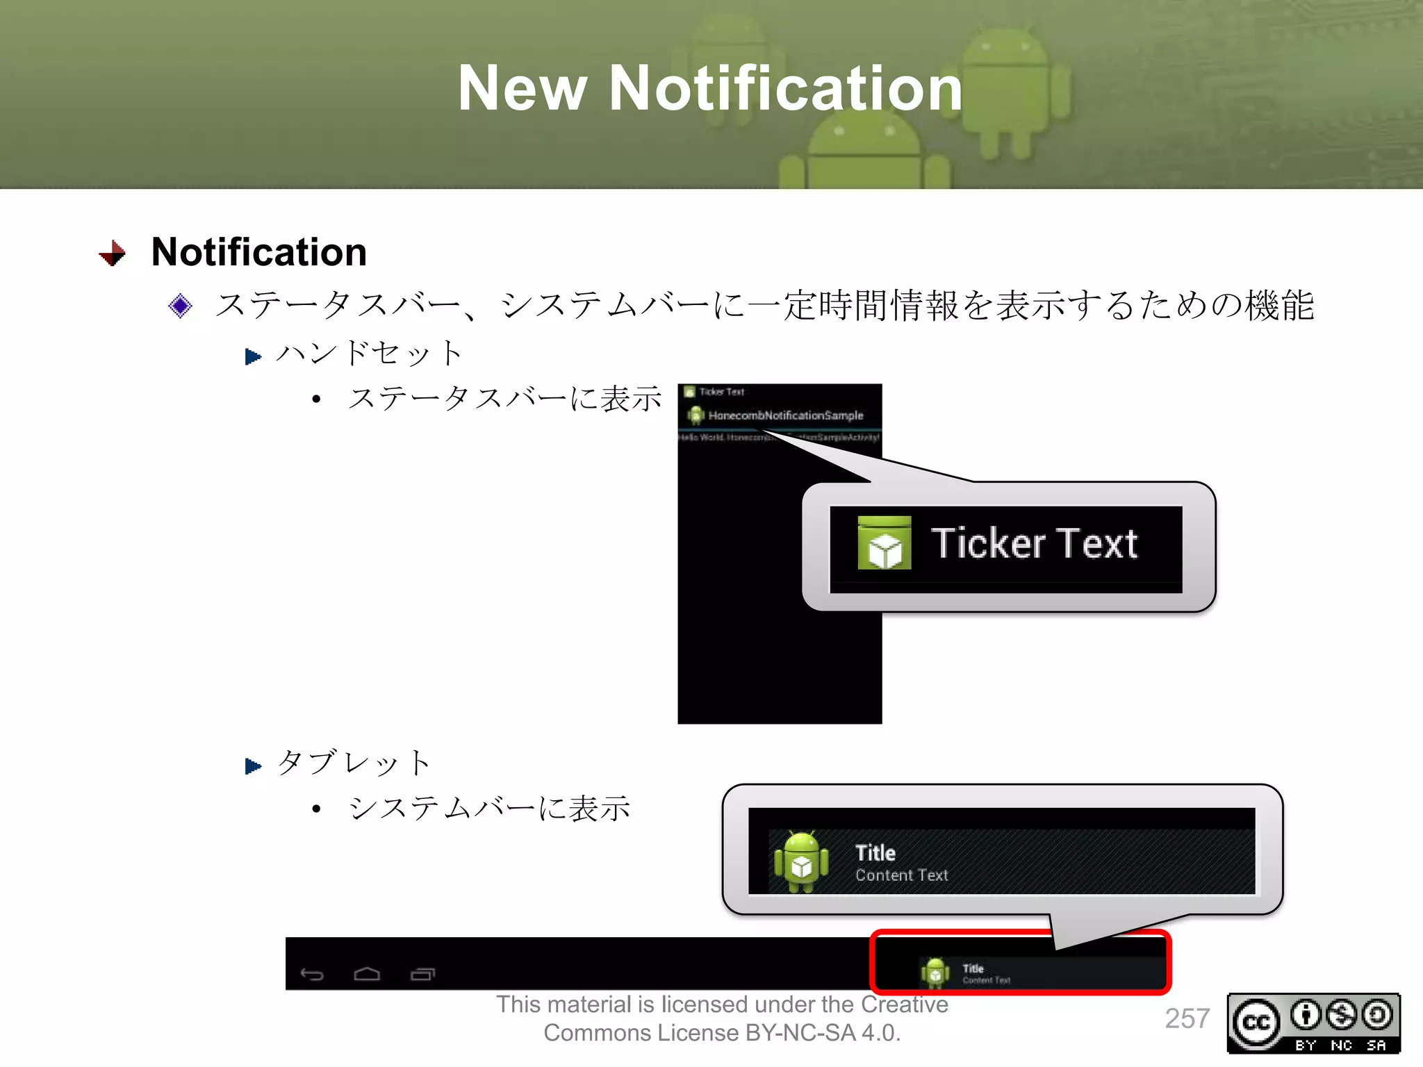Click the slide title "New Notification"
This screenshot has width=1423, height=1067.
(710, 88)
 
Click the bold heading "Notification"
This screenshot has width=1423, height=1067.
(258, 251)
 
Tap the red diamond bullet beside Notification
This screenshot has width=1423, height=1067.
(113, 254)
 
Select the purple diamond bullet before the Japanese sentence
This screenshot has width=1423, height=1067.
(181, 306)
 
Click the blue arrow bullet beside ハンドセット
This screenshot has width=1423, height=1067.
(253, 357)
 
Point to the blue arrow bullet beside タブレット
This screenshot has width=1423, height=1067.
(253, 766)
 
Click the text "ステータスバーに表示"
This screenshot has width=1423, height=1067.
(504, 399)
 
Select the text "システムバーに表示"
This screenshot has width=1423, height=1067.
(489, 808)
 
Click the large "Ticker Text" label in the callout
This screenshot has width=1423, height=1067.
(1034, 543)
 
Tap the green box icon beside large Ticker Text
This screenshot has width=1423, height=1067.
(884, 543)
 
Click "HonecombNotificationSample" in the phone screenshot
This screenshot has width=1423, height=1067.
(785, 415)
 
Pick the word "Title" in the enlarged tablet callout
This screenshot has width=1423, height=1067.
(875, 852)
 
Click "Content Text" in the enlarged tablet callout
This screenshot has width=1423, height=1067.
(901, 875)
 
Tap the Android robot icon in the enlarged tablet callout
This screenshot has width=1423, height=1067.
(801, 861)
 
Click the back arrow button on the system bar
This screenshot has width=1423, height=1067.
(312, 974)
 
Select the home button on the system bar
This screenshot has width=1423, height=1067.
(367, 974)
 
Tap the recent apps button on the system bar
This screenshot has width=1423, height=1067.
(422, 974)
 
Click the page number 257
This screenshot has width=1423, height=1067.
(1187, 1018)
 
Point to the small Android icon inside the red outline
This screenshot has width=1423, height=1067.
(935, 973)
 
